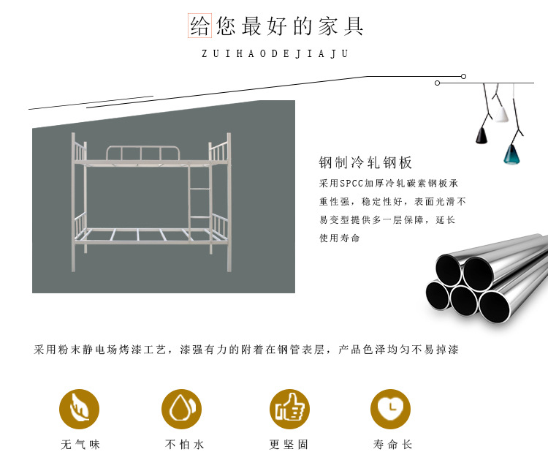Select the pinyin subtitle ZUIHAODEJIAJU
[x=275, y=54]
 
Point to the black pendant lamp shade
[x=482, y=135]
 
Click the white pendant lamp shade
[x=503, y=114]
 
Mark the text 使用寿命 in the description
[x=340, y=238]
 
